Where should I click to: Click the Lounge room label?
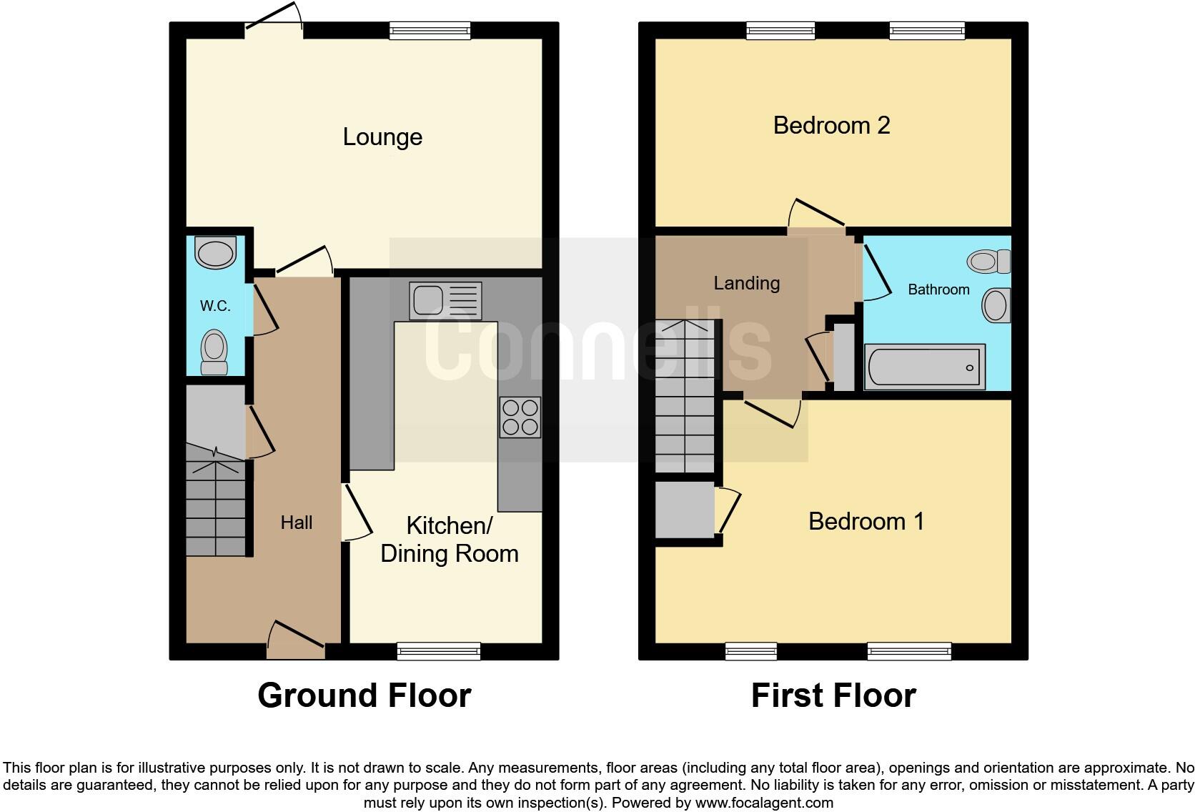382,137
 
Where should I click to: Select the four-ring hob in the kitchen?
520,417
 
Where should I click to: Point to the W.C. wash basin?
216,253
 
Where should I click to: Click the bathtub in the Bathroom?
924,367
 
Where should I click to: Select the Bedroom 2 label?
831,126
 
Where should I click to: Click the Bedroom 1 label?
866,521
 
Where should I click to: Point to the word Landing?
746,283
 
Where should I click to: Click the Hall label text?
296,523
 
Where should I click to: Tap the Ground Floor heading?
364,695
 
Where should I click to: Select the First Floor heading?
833,695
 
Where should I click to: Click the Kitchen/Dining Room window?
439,650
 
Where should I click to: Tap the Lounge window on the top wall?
430,30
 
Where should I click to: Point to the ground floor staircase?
215,508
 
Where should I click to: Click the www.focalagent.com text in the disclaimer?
764,803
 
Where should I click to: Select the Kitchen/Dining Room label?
449,540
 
